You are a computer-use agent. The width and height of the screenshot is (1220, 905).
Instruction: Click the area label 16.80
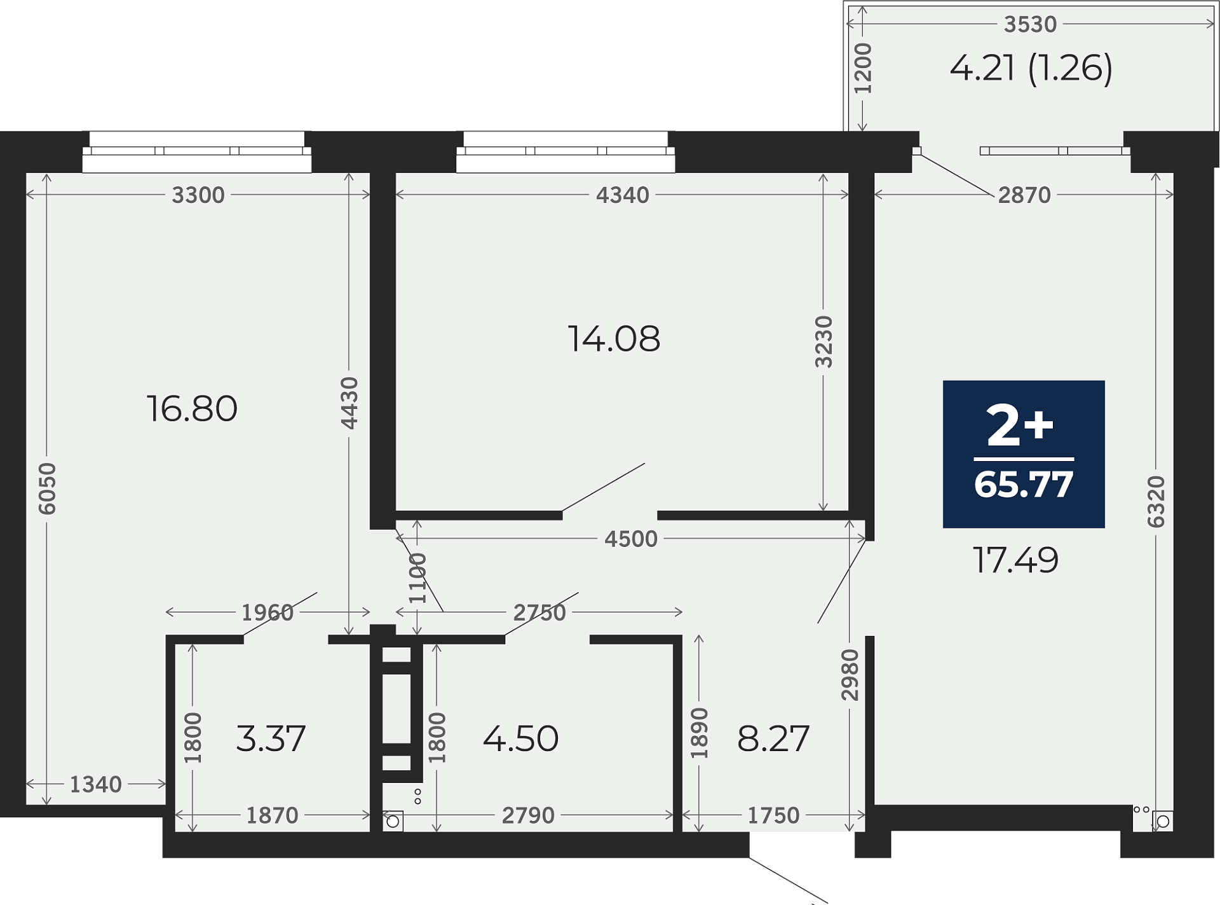click(192, 408)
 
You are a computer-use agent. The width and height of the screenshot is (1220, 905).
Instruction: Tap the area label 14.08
click(614, 338)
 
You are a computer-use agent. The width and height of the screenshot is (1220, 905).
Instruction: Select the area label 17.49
click(1015, 560)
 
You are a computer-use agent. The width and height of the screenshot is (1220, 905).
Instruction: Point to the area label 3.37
click(271, 738)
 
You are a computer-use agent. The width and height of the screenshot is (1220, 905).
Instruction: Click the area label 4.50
click(520, 738)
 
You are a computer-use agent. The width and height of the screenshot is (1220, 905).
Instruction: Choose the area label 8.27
click(773, 738)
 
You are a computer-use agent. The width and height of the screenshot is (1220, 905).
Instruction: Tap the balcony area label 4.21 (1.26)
click(1031, 68)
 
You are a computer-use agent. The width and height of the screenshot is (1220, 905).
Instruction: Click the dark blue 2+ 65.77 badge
click(1024, 454)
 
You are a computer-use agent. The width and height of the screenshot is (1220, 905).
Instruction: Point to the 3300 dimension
click(198, 195)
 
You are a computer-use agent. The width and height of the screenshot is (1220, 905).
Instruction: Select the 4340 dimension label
click(623, 195)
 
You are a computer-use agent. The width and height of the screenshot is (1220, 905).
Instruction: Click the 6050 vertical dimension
click(47, 488)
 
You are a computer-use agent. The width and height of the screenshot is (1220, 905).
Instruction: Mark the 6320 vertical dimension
click(1156, 502)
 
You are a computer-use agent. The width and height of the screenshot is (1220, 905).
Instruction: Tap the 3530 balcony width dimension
click(1030, 24)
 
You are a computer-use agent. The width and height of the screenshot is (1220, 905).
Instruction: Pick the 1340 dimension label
click(95, 784)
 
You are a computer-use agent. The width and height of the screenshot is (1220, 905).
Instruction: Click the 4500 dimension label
click(631, 539)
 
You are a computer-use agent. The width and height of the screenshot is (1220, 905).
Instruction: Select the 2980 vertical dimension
click(850, 675)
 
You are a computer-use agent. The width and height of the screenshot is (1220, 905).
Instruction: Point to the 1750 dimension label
click(773, 815)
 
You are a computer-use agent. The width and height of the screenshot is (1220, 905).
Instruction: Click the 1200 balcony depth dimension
click(862, 68)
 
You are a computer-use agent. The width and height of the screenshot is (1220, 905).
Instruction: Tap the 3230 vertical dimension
click(823, 342)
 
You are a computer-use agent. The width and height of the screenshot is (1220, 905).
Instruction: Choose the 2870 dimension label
click(1024, 195)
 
